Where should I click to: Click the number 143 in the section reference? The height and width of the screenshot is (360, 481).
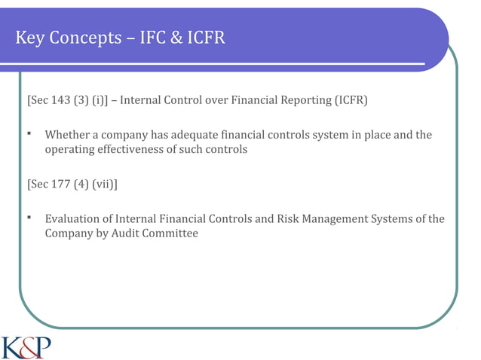pyautogui.click(x=63, y=100)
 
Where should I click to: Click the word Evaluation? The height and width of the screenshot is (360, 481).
pyautogui.click(x=75, y=219)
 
